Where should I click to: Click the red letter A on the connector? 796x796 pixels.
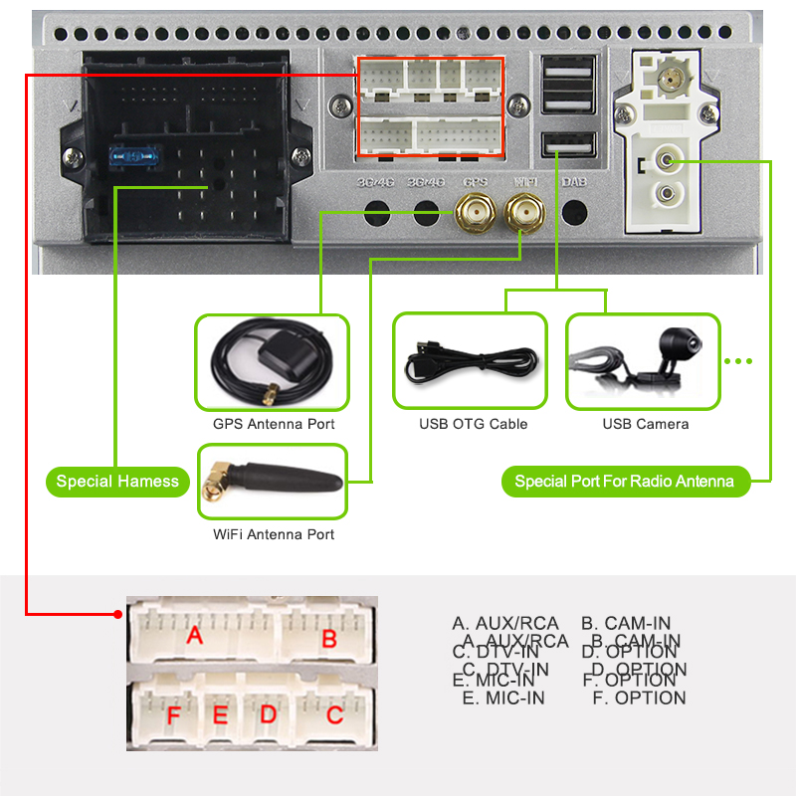[195, 635]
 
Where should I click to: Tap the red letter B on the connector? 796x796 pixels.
[329, 639]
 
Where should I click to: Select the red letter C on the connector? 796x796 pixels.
[334, 714]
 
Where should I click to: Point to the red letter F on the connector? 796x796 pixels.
[174, 716]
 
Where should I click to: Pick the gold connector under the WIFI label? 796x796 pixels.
[523, 211]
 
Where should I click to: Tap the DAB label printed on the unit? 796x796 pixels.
[574, 183]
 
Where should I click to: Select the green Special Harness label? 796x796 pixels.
[117, 482]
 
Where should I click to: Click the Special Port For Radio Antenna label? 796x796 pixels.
[624, 482]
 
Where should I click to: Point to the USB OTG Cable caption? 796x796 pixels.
[473, 424]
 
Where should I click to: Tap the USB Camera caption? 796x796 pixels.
[645, 424]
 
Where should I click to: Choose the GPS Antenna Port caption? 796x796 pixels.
[274, 424]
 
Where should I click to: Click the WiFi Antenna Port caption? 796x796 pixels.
[274, 534]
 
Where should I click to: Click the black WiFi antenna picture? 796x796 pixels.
[273, 481]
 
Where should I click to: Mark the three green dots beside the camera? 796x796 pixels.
[738, 361]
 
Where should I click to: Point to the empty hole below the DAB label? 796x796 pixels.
[575, 212]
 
